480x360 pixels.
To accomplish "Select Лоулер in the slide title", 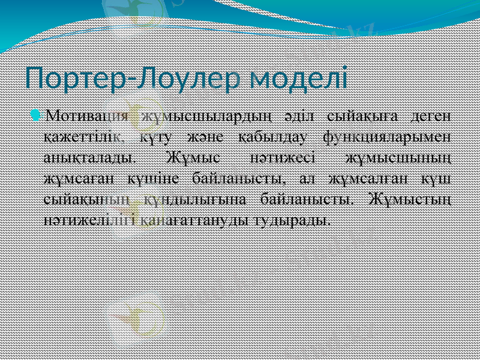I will coord(182,79).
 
